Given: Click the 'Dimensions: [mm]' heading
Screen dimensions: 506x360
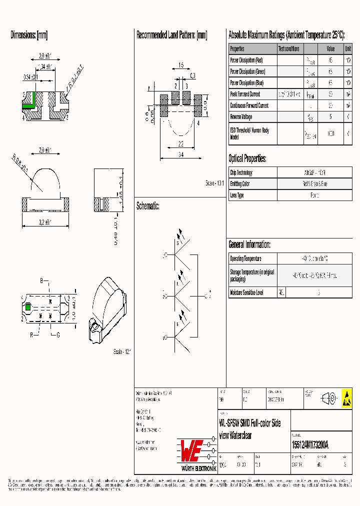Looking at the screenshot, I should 29,35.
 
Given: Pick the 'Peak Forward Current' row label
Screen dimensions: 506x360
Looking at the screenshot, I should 245,94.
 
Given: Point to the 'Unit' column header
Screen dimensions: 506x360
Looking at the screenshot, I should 347,49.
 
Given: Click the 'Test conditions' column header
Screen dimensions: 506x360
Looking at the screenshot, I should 289,49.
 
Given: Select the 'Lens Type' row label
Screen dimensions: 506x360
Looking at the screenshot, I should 237,195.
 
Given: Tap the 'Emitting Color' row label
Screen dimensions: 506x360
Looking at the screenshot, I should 240,184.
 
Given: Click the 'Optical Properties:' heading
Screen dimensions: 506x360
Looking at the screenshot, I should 247,159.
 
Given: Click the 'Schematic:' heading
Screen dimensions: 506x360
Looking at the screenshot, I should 147,205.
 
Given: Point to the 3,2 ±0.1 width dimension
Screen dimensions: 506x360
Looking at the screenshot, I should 45,220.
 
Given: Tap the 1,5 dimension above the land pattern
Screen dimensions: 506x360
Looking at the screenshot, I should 180,65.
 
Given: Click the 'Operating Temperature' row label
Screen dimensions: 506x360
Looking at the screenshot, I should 246,258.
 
